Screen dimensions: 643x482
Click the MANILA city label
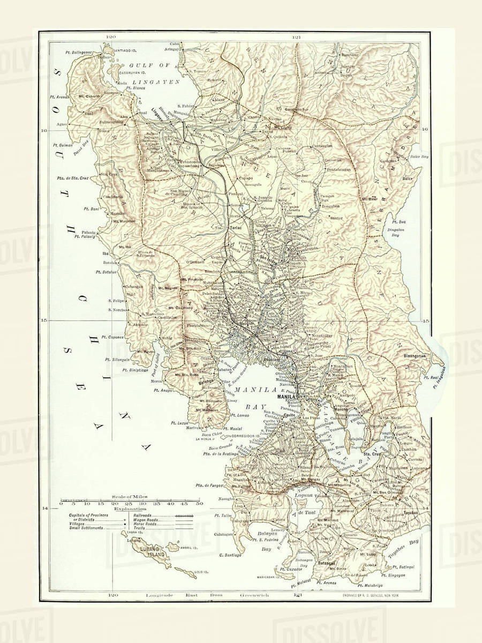coord(287,398)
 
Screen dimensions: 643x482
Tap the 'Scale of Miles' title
coord(130,497)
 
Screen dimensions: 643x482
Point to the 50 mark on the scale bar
coord(199,504)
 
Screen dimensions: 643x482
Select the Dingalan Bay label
coord(396,231)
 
